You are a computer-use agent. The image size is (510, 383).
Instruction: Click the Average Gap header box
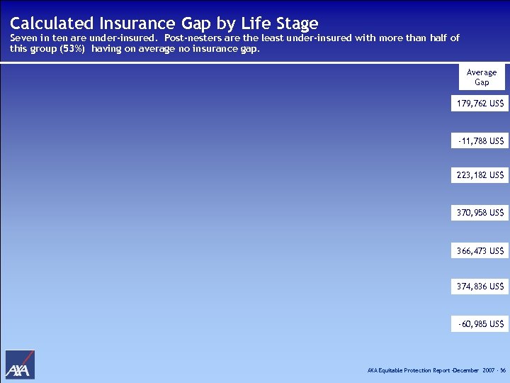coord(482,77)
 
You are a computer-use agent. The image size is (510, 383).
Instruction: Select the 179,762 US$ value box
coord(480,104)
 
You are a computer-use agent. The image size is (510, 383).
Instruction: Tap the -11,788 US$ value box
coord(480,141)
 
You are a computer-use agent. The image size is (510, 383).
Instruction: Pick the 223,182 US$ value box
coord(480,175)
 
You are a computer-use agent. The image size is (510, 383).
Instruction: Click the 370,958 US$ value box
coord(480,212)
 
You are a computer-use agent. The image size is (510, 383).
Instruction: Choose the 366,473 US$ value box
coord(480,250)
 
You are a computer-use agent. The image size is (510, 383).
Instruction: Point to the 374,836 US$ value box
coord(480,287)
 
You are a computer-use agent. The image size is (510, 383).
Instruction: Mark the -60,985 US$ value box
coord(480,324)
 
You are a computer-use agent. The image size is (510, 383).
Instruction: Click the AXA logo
coord(20,365)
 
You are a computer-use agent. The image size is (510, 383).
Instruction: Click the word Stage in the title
coord(295,24)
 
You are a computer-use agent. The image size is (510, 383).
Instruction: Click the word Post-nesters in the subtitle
coord(192,38)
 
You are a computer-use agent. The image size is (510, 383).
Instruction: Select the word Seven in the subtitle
coord(25,38)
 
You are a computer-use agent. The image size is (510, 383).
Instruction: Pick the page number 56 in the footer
coord(502,371)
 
